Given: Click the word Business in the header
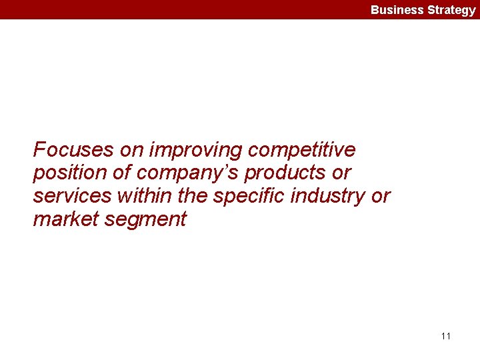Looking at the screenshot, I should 397,10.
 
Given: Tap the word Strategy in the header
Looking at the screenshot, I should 451,10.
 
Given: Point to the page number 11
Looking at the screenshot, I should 446,336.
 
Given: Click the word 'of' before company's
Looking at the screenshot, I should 122,173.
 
